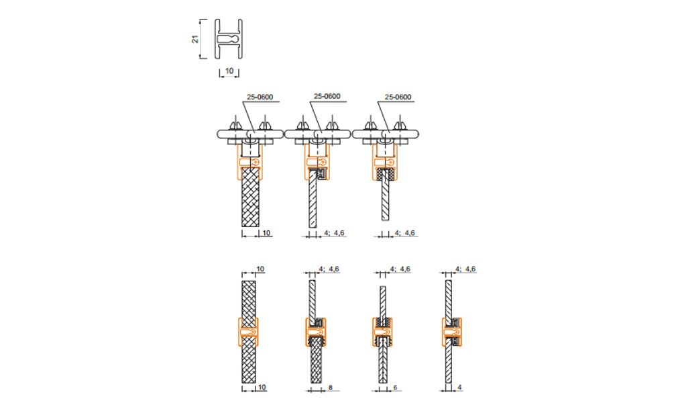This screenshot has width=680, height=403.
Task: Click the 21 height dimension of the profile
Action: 196,39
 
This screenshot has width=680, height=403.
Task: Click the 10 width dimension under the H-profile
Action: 229,71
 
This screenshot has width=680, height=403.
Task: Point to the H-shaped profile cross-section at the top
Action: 229,39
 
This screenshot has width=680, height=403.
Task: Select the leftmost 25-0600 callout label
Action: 260,97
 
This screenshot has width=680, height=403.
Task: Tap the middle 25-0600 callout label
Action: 327,96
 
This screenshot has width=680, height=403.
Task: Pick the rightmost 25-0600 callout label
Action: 398,97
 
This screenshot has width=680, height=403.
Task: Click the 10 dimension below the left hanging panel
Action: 266,233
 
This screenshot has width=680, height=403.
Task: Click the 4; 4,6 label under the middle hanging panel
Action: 334,233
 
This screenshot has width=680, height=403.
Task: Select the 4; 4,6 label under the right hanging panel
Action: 404,233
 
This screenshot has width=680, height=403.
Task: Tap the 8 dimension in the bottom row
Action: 331,388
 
